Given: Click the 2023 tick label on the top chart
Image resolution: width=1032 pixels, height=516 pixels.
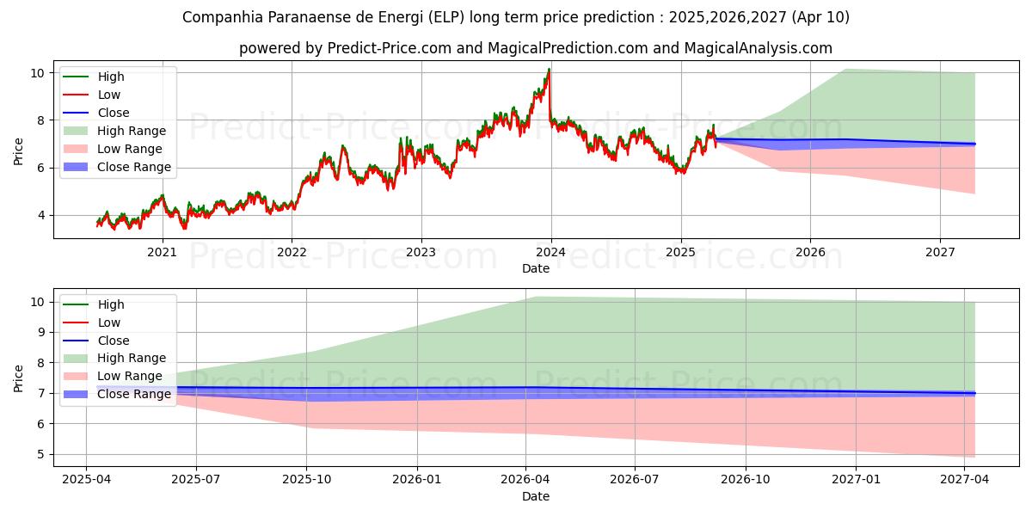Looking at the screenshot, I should [421, 252].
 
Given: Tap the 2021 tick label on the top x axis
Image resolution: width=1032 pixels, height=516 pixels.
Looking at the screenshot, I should [162, 252].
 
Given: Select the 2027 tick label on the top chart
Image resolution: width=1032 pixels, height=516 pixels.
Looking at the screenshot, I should [940, 252].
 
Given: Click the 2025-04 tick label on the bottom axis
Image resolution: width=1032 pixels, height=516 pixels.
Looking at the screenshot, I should [86, 479].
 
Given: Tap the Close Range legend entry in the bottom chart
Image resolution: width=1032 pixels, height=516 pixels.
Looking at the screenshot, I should [134, 394].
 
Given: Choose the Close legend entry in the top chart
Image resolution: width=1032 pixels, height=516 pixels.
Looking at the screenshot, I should [114, 113].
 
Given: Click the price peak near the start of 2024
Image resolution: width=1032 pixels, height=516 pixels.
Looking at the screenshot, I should [549, 70].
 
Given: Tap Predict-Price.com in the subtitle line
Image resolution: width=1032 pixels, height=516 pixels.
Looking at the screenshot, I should [389, 48].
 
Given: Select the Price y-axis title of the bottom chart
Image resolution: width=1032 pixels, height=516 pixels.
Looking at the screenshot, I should [19, 378].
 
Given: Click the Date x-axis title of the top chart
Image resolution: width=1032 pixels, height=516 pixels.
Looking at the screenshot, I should [535, 268].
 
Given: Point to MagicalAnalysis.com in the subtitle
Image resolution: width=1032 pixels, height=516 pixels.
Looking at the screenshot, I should [758, 48].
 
